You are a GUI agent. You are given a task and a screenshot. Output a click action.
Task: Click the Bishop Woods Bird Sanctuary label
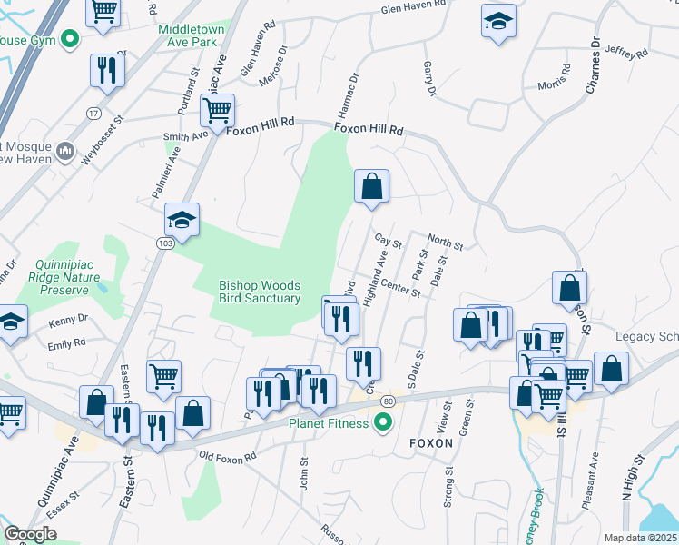coord(259,292)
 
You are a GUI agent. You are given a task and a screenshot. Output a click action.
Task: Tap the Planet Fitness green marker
coord(382,421)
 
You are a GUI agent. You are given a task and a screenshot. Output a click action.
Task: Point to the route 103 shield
coord(164,243)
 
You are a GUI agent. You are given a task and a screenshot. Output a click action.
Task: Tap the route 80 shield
coord(389,401)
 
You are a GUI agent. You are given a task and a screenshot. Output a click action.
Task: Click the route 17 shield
coord(93,113)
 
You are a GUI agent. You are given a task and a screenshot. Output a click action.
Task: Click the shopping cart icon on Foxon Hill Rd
coord(217,111)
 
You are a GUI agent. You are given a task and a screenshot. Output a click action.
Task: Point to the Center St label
coord(401,288)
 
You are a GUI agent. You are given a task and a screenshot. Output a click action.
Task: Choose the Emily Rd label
coord(67,342)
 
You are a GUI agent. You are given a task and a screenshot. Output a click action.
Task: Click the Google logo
coord(31,534)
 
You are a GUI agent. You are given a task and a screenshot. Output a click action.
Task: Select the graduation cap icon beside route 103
coord(182,220)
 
